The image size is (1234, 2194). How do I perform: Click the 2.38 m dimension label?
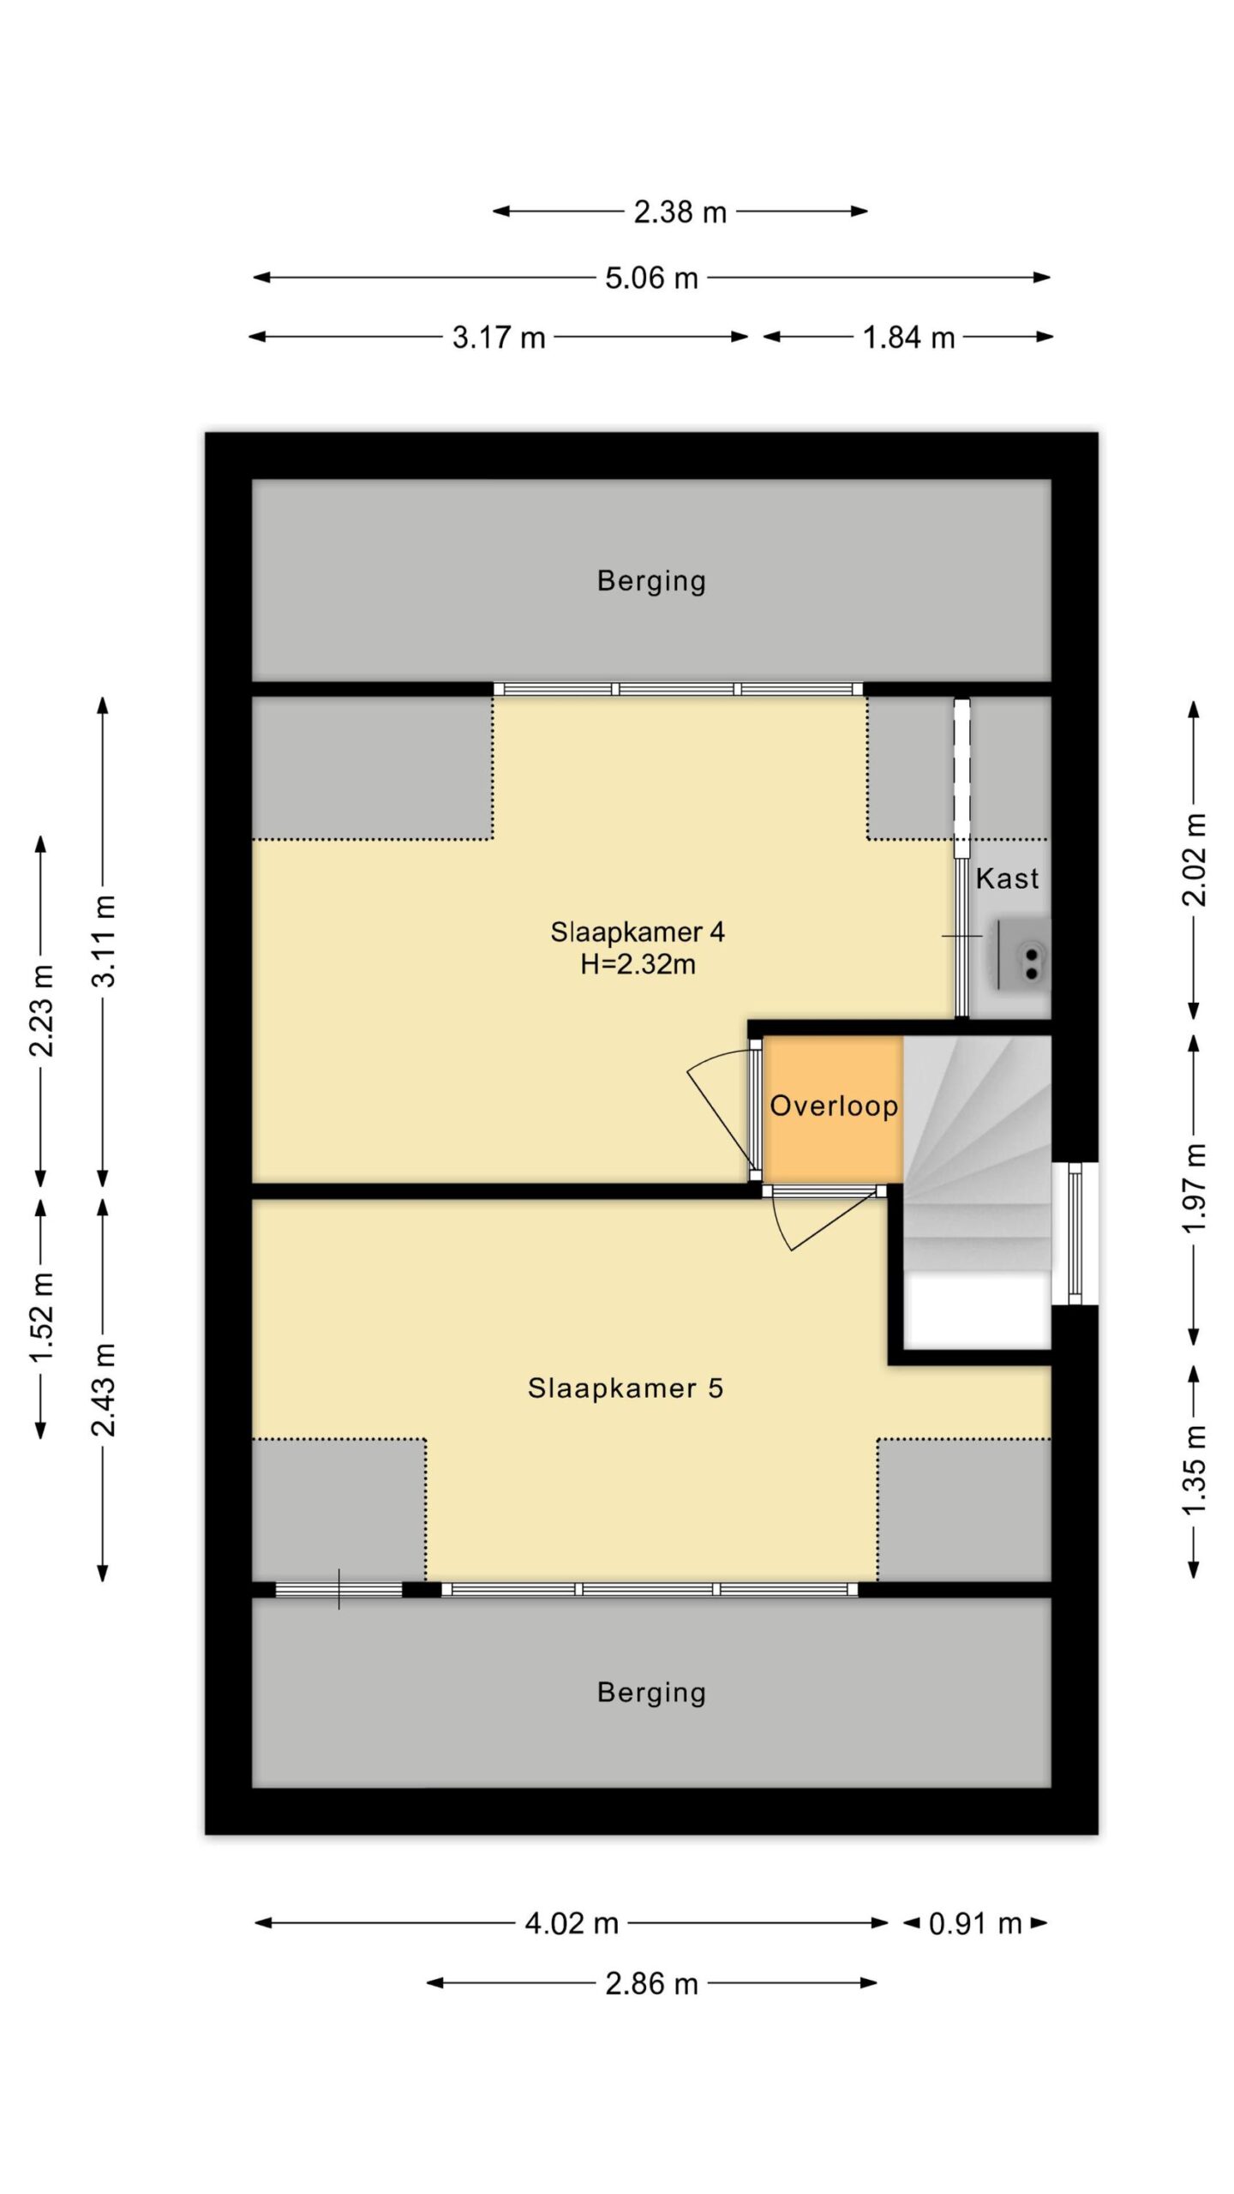(680, 212)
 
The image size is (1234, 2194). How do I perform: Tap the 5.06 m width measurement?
(651, 278)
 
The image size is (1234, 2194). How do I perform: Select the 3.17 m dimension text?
(499, 338)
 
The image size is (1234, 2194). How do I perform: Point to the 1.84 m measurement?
(908, 338)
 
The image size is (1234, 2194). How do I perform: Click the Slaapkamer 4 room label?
(638, 932)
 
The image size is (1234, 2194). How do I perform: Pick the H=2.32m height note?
(638, 965)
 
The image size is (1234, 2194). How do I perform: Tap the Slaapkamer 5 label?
(626, 1388)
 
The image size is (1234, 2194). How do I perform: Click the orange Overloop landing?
(833, 1110)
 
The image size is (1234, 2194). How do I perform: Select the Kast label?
(1007, 878)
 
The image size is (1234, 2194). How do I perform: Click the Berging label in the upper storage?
(651, 581)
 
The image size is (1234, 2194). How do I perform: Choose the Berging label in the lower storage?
(651, 1693)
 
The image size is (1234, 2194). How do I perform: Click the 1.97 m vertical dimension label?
(1194, 1188)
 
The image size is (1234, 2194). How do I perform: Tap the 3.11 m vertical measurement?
(104, 940)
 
